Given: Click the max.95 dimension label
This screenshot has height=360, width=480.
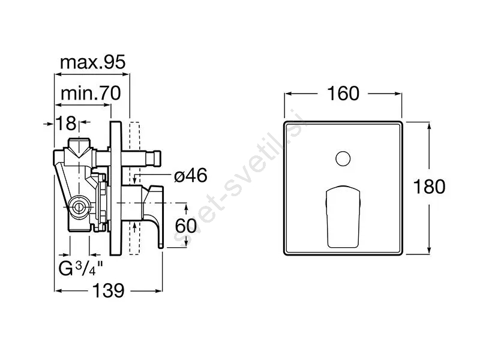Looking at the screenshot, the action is coord(93,62).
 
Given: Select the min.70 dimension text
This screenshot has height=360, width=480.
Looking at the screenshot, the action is coord(91,93).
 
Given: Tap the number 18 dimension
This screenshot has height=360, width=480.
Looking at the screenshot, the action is coord(66,123).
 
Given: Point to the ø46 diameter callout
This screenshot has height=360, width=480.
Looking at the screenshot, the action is coord(191,176).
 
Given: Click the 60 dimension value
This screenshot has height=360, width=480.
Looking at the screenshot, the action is coord(186,226).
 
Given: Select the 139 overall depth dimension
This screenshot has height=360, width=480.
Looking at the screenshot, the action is coord(109,290).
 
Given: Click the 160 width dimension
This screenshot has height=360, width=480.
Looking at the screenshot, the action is coord(343,94).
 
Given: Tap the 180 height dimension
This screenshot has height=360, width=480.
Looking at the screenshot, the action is coord(429,187).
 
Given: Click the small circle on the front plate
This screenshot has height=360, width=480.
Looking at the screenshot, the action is coord(343,159).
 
